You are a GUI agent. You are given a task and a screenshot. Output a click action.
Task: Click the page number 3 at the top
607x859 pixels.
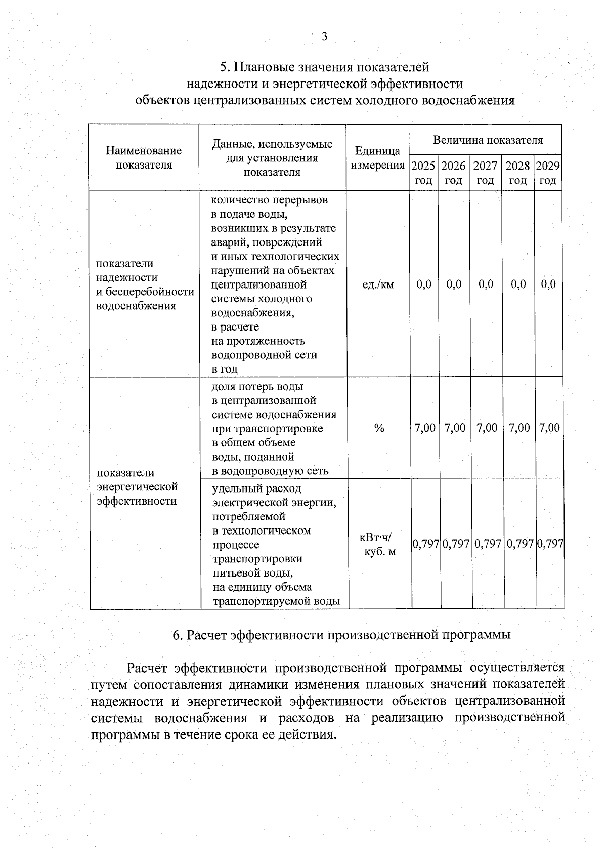(x=324, y=36)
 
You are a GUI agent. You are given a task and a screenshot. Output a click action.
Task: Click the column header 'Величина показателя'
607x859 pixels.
(x=488, y=140)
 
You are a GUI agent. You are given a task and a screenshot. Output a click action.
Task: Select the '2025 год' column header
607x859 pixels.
(x=423, y=173)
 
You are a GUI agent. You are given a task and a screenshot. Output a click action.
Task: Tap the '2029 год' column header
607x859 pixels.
(x=548, y=173)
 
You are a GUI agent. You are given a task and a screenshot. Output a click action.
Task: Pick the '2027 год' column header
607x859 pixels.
(x=485, y=173)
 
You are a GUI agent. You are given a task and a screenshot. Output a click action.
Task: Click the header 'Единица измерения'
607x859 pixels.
(x=377, y=158)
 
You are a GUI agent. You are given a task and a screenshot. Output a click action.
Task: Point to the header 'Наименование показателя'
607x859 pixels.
(x=144, y=157)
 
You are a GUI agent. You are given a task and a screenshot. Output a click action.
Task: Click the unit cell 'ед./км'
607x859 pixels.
(x=378, y=284)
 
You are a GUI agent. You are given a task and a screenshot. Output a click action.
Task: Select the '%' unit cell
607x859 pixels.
(x=379, y=428)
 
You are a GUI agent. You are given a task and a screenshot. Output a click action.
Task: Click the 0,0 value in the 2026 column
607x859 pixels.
(x=454, y=284)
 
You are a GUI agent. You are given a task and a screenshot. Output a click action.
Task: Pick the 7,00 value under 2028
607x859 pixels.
(x=519, y=428)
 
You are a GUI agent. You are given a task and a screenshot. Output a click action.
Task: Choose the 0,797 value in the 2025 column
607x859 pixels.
(x=425, y=544)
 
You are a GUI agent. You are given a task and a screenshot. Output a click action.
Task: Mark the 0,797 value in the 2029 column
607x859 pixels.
(x=550, y=544)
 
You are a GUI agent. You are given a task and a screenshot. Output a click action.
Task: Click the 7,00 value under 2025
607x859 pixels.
(x=424, y=428)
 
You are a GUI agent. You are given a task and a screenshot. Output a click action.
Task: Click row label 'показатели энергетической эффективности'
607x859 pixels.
(x=137, y=486)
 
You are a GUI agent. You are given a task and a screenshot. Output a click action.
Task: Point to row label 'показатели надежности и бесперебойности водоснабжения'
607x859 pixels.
(x=145, y=284)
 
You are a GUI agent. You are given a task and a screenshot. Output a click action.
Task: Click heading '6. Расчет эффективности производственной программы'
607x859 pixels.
(x=341, y=635)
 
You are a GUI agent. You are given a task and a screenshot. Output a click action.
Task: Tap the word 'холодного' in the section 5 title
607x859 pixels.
(x=384, y=100)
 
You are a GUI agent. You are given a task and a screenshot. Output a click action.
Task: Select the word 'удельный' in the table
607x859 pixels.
(x=235, y=488)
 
